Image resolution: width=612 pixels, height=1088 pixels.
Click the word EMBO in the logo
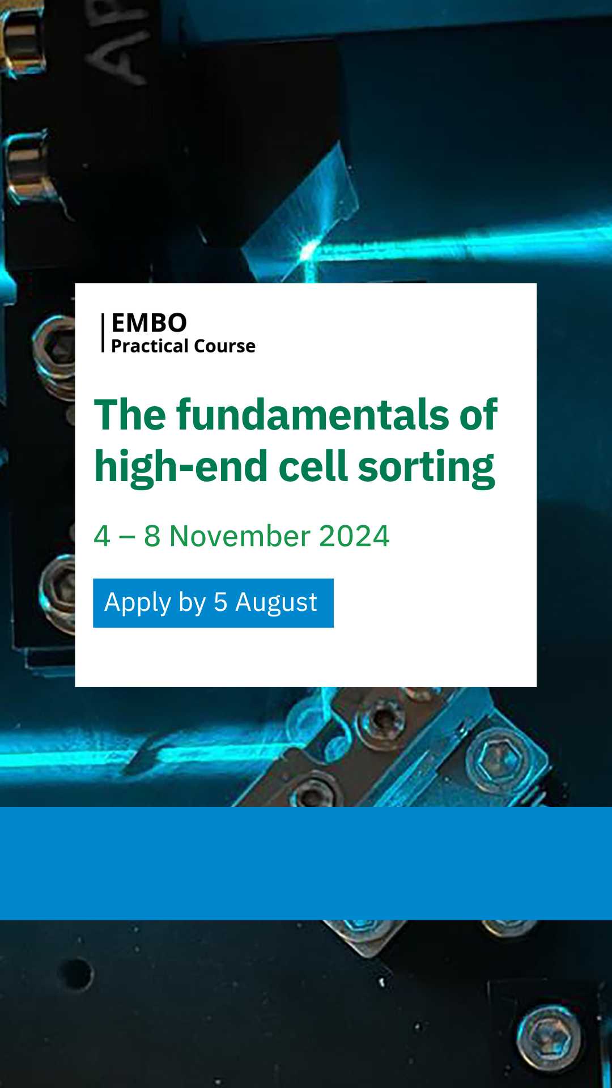click(x=149, y=323)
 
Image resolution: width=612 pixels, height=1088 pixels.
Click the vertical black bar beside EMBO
click(x=103, y=333)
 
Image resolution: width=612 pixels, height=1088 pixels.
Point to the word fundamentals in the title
click(x=314, y=414)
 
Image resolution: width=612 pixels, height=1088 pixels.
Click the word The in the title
click(x=131, y=414)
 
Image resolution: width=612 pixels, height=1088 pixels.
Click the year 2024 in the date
click(x=354, y=536)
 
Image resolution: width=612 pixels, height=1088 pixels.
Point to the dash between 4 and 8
click(x=127, y=537)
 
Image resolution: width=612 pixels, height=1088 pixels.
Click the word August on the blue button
click(x=276, y=603)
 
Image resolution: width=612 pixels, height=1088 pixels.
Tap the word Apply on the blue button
click(x=138, y=603)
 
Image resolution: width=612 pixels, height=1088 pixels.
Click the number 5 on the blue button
click(x=220, y=602)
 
